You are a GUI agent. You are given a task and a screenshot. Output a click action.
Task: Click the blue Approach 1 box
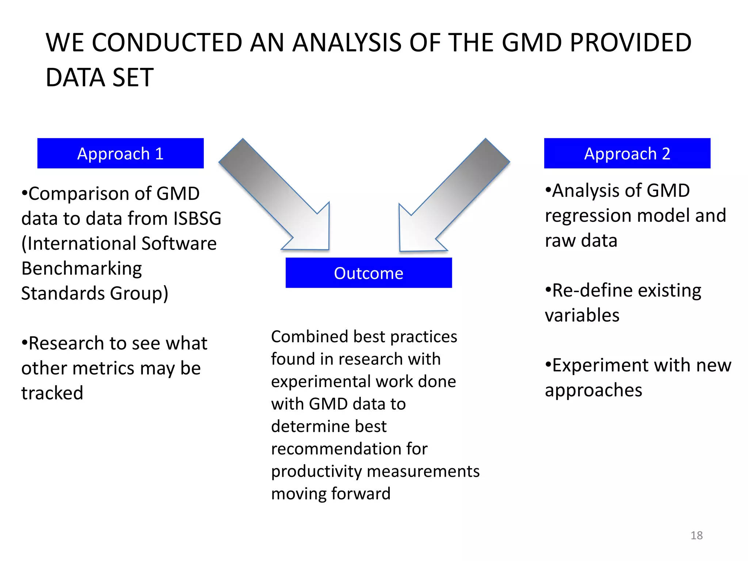click(x=120, y=153)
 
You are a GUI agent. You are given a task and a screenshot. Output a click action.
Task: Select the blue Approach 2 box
click(x=627, y=153)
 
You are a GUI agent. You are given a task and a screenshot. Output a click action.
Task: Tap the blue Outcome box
click(x=369, y=273)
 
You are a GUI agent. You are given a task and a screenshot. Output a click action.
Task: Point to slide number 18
click(x=697, y=535)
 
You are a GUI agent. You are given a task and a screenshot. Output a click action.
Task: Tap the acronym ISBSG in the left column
click(x=197, y=218)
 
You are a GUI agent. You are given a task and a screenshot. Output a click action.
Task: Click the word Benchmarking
click(x=81, y=268)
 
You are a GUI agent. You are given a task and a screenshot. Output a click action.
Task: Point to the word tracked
click(x=52, y=393)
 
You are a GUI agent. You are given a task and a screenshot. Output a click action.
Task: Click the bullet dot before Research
click(x=24, y=343)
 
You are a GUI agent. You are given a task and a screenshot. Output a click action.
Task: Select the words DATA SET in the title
click(x=99, y=77)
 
